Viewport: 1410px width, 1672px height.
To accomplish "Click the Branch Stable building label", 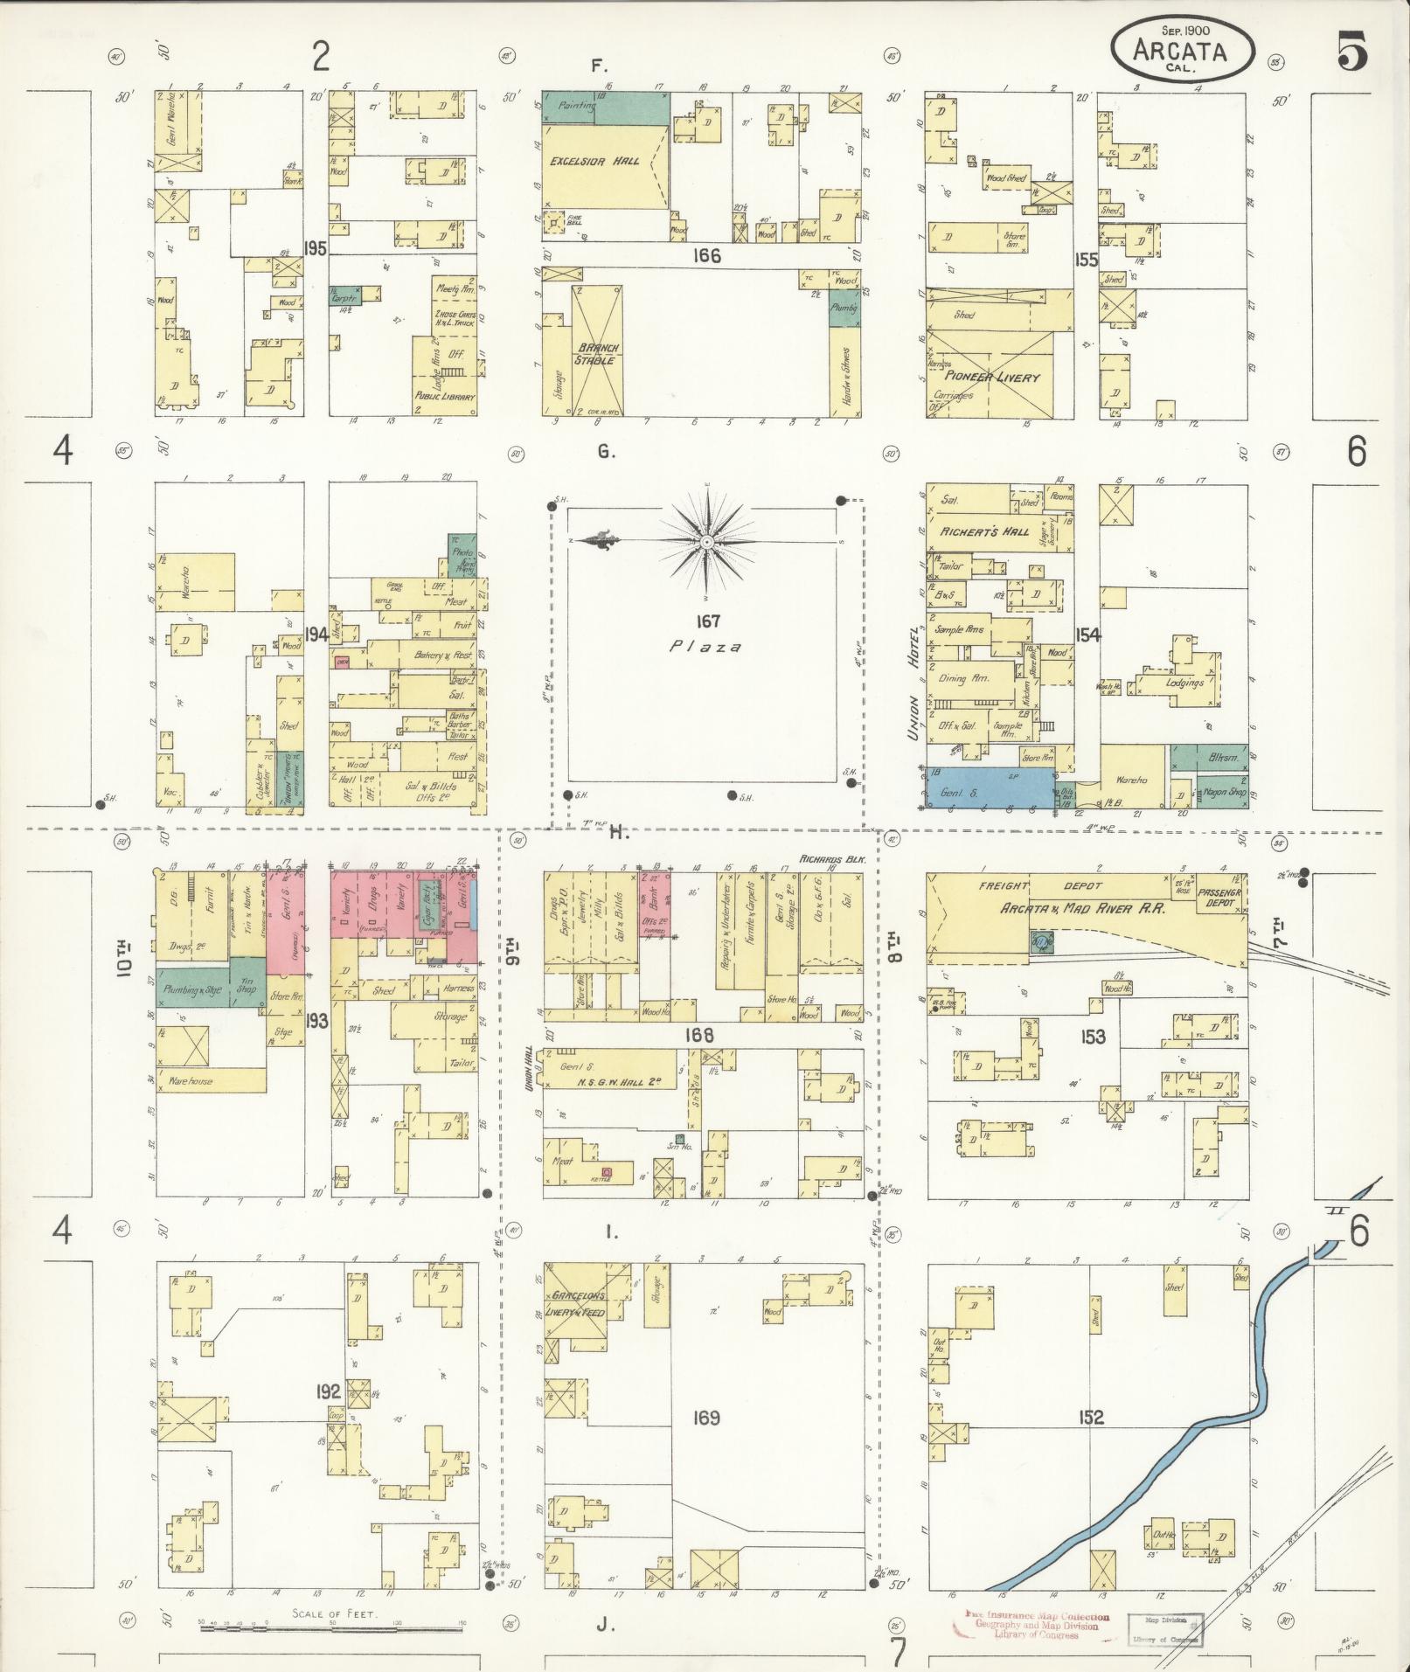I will click(596, 353).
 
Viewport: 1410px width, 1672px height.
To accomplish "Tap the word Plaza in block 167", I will click(706, 647).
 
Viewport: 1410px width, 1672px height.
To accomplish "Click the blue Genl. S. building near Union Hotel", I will click(990, 788).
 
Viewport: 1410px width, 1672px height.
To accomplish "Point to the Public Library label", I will click(446, 397).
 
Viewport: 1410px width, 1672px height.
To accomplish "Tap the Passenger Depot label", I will click(1221, 898).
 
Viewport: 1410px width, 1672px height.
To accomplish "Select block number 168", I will click(699, 1036).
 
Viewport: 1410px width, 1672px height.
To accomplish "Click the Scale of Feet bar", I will click(333, 1627).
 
